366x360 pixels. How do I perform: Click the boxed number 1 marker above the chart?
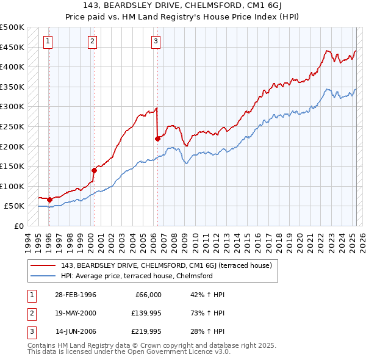point(48,41)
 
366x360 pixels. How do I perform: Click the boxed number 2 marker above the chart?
point(91,41)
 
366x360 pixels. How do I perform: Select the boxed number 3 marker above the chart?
point(156,41)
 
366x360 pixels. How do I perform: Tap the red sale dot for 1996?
point(49,200)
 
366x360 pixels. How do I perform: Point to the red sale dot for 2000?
point(95,170)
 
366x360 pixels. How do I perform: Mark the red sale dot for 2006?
point(157,139)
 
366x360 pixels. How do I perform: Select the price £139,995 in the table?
point(144,313)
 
